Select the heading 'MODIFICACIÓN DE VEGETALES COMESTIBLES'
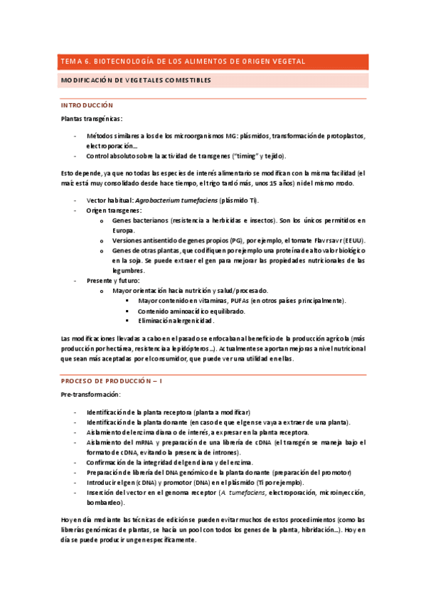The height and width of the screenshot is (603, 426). click(136, 81)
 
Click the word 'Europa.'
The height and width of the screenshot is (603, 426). click(124, 230)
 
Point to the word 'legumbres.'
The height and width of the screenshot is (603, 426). click(129, 270)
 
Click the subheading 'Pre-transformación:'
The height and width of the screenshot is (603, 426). click(90, 394)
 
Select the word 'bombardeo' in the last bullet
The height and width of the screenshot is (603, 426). click(105, 502)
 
